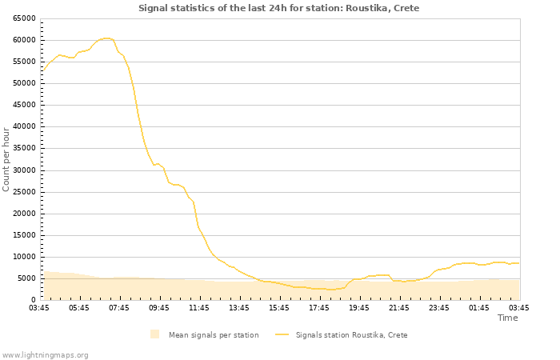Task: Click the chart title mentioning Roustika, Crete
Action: click(278, 8)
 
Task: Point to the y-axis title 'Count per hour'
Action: click(6, 158)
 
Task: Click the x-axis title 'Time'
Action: click(507, 318)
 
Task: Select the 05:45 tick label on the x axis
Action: click(79, 308)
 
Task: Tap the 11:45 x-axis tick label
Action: click(199, 308)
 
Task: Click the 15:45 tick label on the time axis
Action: click(279, 308)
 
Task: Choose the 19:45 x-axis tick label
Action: click(359, 308)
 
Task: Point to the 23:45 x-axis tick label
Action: click(439, 308)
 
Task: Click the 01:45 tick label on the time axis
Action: click(479, 308)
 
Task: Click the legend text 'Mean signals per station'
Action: click(213, 335)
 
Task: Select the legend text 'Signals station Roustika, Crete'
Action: click(351, 335)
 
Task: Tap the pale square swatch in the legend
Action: click(154, 334)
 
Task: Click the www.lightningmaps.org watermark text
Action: click(45, 354)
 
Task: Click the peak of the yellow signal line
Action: click(106, 38)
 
